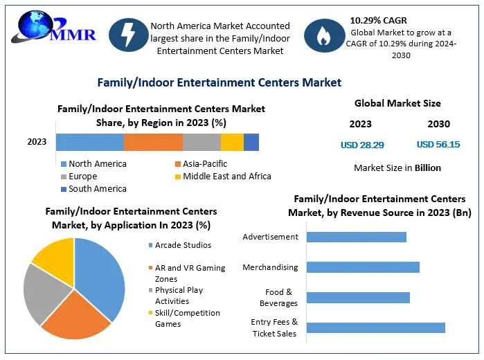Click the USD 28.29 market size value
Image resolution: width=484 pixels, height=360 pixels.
(x=361, y=145)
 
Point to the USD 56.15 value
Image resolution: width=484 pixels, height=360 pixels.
(x=438, y=145)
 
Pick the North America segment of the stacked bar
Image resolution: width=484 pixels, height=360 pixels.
(x=89, y=142)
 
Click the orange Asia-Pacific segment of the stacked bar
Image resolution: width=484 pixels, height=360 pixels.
(x=153, y=142)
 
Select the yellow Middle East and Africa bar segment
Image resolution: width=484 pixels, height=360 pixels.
(x=232, y=142)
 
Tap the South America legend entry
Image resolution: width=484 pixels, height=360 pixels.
(x=97, y=189)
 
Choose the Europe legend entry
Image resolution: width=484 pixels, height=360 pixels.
(x=82, y=177)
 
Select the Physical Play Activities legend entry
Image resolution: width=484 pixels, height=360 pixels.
(x=179, y=296)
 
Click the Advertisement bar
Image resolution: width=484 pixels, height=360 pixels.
(x=356, y=237)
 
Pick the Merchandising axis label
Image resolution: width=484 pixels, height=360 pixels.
(x=270, y=267)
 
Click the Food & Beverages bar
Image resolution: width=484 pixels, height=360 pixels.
(x=358, y=298)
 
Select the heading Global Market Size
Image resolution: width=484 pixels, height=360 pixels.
(x=397, y=104)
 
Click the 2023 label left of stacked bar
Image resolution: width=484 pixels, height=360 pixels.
(x=37, y=142)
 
